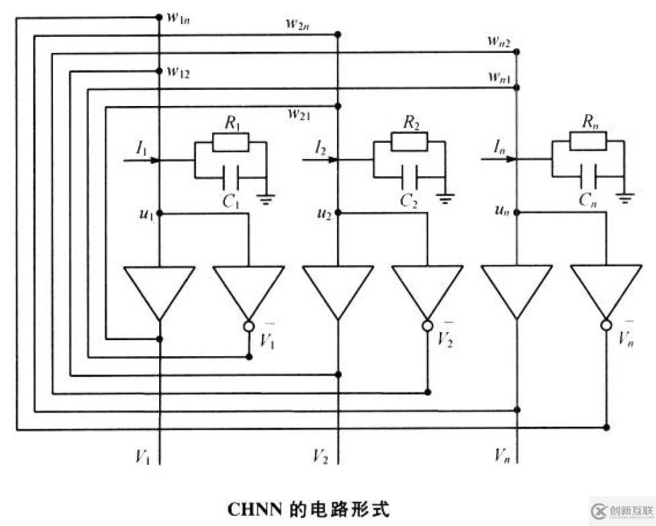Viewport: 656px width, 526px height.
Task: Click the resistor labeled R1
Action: pyautogui.click(x=230, y=142)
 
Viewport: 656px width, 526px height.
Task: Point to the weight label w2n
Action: pyautogui.click(x=297, y=25)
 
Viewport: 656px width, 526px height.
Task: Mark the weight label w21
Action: pyautogui.click(x=299, y=115)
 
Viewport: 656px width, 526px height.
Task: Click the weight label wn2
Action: pyautogui.click(x=500, y=41)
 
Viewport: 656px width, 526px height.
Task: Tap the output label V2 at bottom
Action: pyautogui.click(x=320, y=456)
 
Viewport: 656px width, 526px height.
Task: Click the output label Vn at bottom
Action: pyautogui.click(x=502, y=456)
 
